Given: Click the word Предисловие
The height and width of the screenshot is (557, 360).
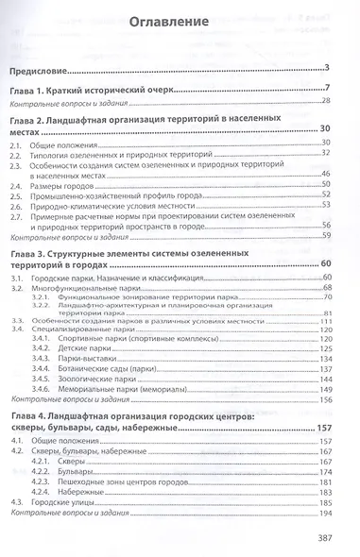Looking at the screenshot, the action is coord(43,67).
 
